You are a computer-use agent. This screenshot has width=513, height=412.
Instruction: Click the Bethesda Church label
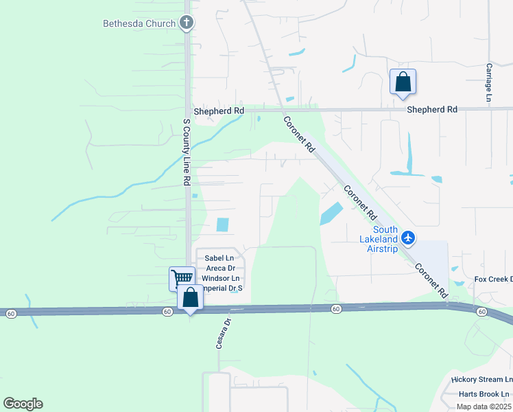[x=139, y=23]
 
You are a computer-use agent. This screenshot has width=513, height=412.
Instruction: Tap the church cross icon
[x=186, y=23]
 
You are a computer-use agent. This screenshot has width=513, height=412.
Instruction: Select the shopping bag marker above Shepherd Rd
[x=403, y=82]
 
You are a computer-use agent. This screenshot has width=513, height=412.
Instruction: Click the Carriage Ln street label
[x=490, y=83]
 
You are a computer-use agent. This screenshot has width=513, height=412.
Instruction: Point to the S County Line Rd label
[x=186, y=152]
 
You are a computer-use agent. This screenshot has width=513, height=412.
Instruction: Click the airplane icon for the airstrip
[x=409, y=238]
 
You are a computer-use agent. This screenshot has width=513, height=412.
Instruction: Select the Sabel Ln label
[x=215, y=258]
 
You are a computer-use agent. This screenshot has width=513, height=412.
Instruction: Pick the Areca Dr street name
[x=219, y=268]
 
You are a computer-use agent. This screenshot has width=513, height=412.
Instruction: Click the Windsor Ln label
[x=219, y=279]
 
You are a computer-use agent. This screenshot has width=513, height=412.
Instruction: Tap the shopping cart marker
[x=182, y=278]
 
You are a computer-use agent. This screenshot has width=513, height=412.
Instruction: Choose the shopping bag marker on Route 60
[x=190, y=299]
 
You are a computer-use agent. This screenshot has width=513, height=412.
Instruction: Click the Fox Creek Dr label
[x=494, y=279]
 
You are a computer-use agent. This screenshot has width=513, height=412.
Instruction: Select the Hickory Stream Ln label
[x=481, y=380]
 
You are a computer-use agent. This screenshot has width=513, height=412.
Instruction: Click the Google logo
[x=23, y=404]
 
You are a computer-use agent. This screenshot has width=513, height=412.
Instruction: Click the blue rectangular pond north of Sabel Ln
[x=222, y=225]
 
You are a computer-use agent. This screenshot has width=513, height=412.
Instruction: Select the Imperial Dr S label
[x=221, y=289]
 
